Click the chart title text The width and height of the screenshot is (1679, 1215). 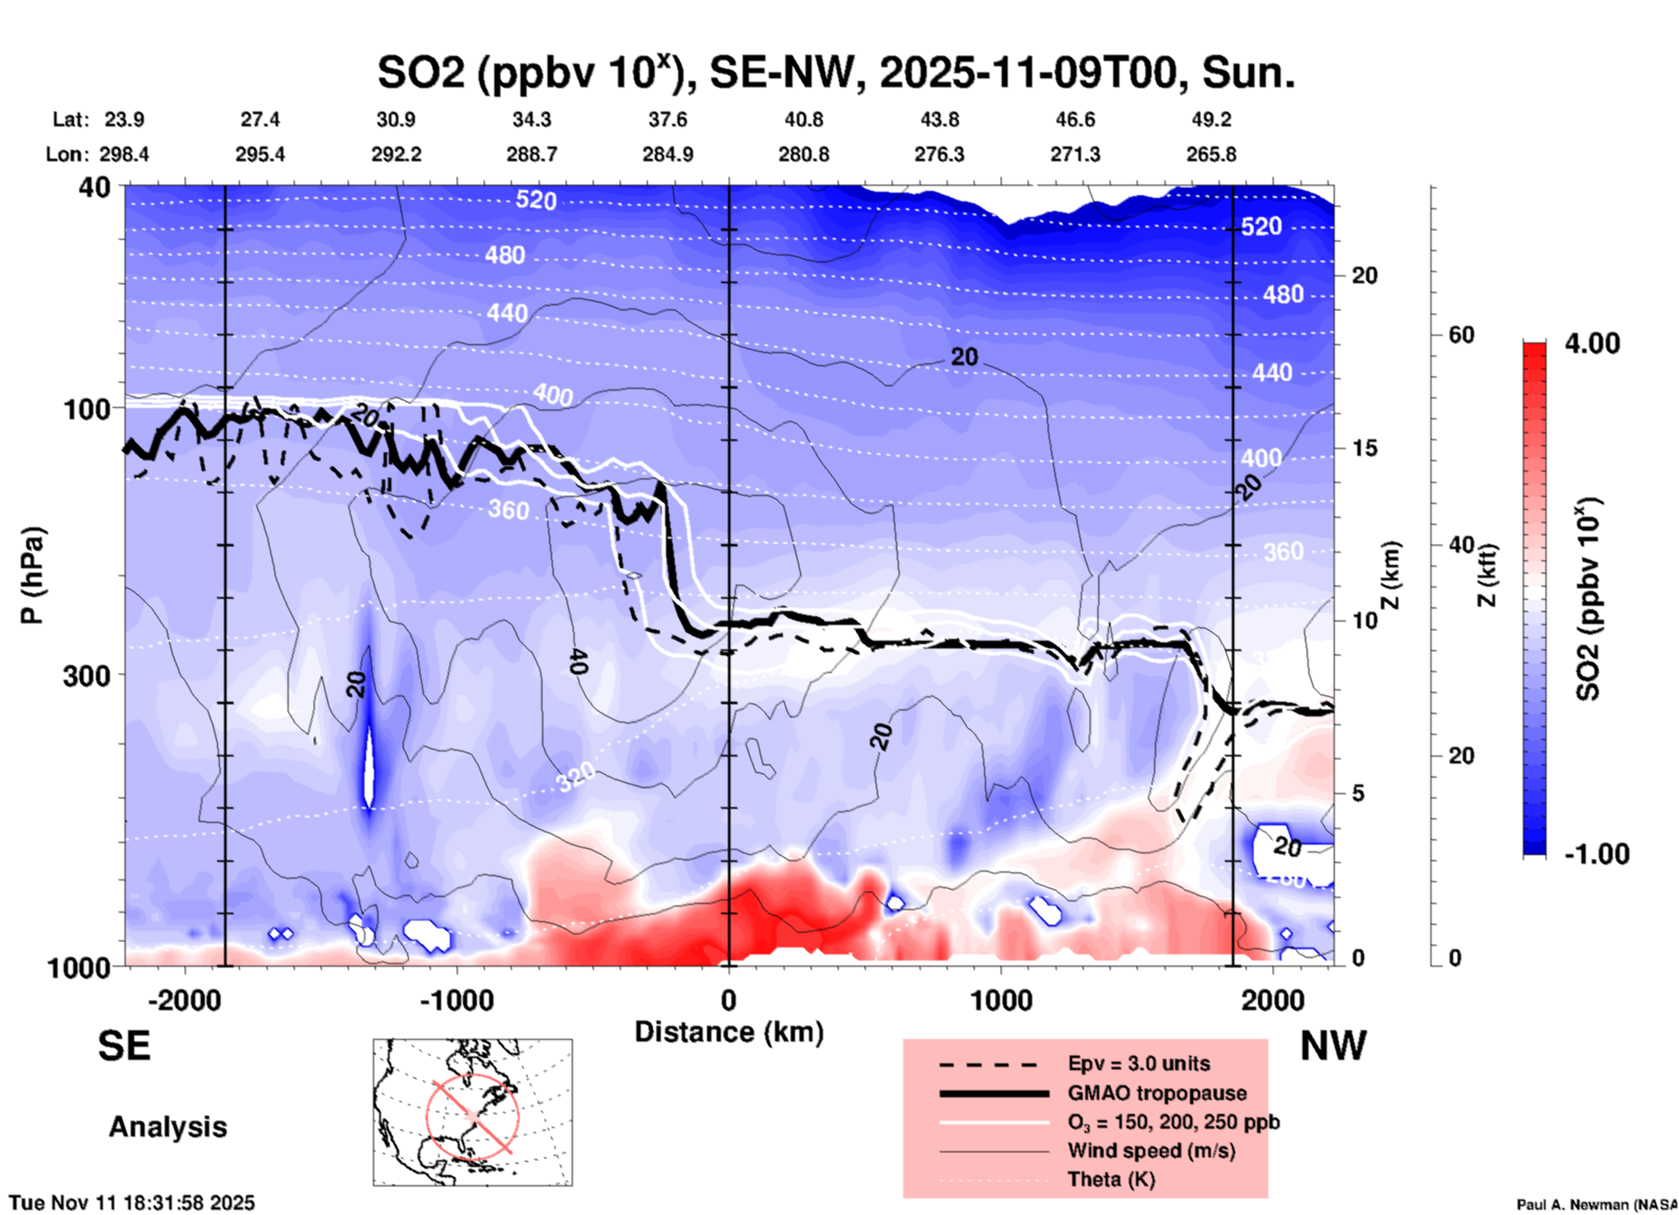[x=835, y=72]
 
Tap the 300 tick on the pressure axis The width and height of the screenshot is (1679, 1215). [x=86, y=675]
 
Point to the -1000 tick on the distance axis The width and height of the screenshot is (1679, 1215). [x=456, y=1001]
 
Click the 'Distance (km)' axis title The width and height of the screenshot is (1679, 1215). [x=729, y=1032]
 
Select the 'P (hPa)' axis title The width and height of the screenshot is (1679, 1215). [x=32, y=575]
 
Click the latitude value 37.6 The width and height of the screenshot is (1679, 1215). [x=667, y=119]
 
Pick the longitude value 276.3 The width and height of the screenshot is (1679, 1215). [x=939, y=154]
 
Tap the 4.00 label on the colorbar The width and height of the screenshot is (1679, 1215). [x=1592, y=343]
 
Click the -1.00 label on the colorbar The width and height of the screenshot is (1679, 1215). [x=1596, y=854]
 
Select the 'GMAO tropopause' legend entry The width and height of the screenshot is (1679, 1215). [x=1157, y=1093]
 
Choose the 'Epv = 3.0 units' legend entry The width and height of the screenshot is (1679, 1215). [x=1139, y=1063]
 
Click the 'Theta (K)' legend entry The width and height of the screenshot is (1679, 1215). [x=1111, y=1179]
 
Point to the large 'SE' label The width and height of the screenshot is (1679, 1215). [x=124, y=1046]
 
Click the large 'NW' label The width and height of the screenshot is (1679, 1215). [x=1333, y=1046]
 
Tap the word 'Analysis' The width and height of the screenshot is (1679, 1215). [x=167, y=1127]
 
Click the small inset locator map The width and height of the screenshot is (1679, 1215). [x=472, y=1112]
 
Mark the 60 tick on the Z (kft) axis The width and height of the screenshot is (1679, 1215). [x=1461, y=335]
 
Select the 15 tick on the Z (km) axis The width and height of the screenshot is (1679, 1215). [x=1364, y=448]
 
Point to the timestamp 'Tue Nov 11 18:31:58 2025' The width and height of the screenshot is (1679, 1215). [x=133, y=1203]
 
